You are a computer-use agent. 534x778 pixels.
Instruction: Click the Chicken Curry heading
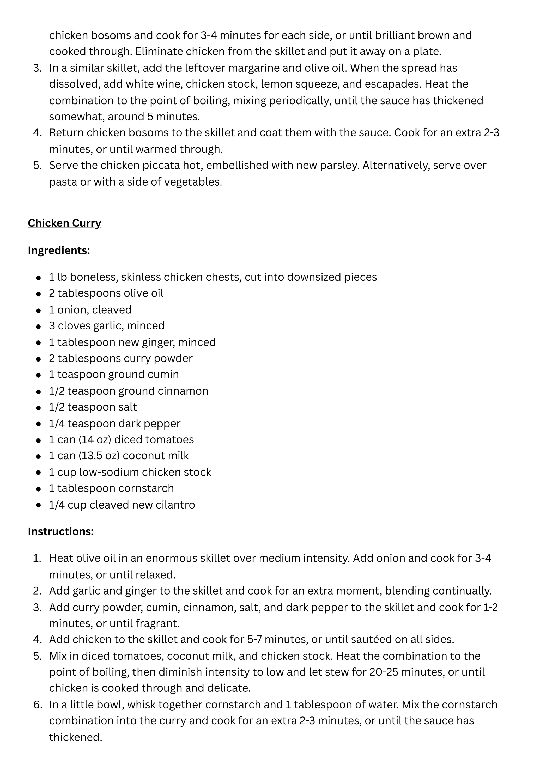tap(64, 223)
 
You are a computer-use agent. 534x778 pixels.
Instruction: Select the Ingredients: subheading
tap(59, 250)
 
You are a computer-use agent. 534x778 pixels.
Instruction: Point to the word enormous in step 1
tap(171, 558)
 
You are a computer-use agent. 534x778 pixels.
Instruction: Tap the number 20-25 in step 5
tap(384, 672)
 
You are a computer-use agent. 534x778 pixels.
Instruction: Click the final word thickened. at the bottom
tap(76, 737)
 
